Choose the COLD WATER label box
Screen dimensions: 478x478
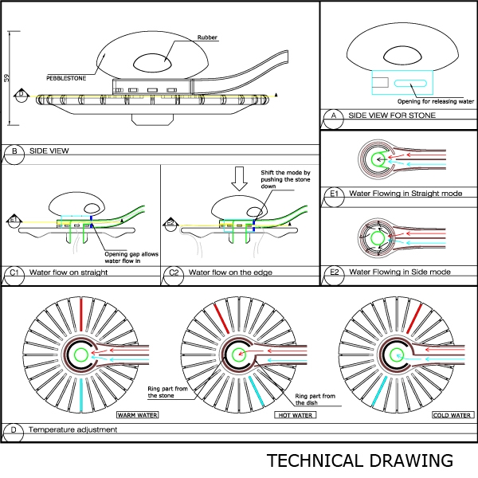pyautogui.click(x=453, y=415)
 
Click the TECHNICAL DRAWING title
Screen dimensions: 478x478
pyautogui.click(x=359, y=460)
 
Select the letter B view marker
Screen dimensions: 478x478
pyautogui.click(x=14, y=150)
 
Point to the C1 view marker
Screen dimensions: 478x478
pyautogui.click(x=14, y=272)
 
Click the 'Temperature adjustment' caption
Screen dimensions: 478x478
pyautogui.click(x=72, y=429)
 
